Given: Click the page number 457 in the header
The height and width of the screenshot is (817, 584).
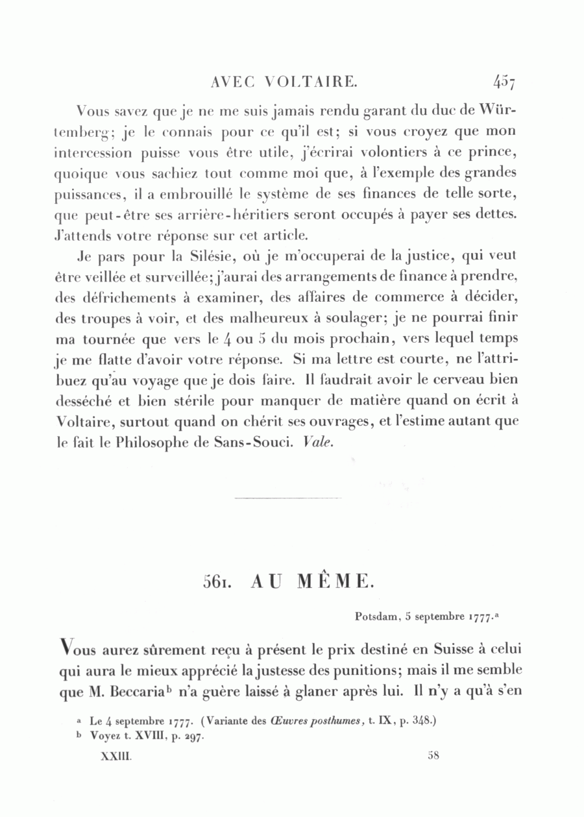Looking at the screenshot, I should click(503, 82).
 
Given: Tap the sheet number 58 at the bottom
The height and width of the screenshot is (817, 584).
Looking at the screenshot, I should click(434, 755).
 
